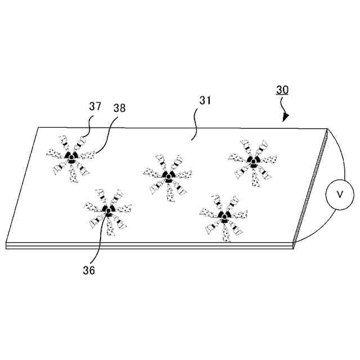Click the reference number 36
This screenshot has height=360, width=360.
point(88,270)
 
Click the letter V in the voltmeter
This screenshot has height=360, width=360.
point(340,194)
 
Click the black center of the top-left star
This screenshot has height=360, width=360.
point(71,157)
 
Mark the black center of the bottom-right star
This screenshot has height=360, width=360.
point(224,217)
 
